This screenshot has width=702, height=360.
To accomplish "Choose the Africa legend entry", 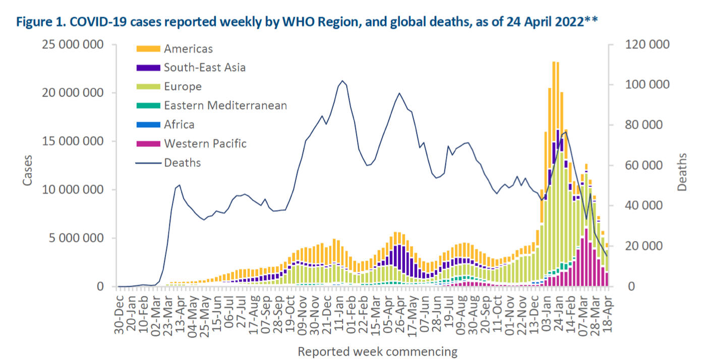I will point(179,125).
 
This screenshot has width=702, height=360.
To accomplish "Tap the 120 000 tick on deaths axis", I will point(648,45).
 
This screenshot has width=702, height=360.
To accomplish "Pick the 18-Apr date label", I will point(607,313).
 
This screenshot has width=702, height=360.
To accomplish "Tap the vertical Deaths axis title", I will point(682,171).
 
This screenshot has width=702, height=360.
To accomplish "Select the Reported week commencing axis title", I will point(377,351).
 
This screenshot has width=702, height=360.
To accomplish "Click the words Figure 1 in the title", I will point(40,22).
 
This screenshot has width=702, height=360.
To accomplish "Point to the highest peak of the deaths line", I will point(342,81).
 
